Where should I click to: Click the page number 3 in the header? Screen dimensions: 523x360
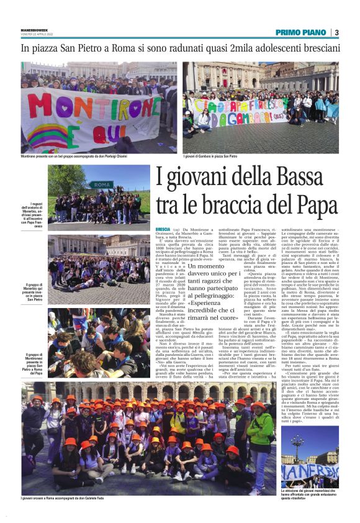point(336,32)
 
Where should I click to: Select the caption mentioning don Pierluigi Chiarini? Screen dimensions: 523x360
point(74,157)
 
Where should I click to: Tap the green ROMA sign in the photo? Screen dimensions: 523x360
point(100,184)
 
